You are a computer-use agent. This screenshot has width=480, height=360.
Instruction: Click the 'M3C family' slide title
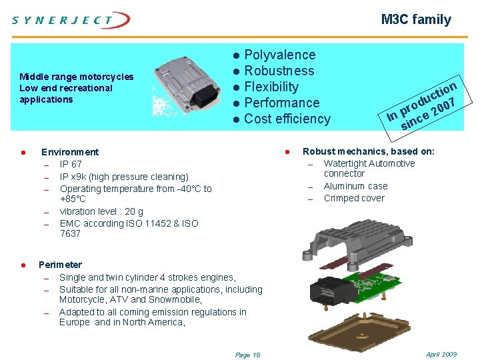coord(416,20)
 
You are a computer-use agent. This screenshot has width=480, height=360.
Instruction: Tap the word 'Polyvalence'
coord(280,55)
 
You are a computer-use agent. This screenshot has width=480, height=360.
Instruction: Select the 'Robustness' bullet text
coord(279,71)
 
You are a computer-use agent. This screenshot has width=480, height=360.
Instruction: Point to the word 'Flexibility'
coord(271,87)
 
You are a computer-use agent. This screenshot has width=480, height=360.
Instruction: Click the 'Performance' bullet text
coord(282,103)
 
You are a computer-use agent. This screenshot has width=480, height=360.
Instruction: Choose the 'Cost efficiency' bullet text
coord(287,119)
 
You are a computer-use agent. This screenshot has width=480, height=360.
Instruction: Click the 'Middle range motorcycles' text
coord(77,77)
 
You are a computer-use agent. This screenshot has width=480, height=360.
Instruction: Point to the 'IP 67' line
coord(71,164)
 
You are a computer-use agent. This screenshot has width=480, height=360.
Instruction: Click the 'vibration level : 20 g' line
coord(101,211)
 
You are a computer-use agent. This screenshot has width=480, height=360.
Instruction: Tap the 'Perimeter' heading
coord(60,265)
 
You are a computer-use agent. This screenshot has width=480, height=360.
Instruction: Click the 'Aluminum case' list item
coord(355,186)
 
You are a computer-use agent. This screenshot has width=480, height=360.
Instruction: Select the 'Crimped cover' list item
coord(354,198)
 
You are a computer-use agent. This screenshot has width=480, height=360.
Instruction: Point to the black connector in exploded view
coord(327,291)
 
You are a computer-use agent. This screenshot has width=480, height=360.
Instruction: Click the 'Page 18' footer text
coord(248,355)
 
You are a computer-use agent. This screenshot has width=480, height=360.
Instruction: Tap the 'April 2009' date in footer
coord(441,354)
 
